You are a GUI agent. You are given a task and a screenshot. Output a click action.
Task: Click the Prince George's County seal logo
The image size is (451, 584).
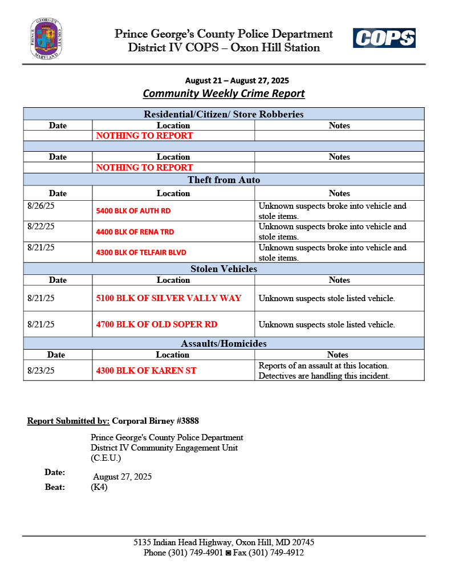click(46, 39)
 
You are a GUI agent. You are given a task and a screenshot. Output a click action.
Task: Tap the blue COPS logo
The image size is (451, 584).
click(384, 38)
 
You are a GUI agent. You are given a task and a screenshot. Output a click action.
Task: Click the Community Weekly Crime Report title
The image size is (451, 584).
click(224, 94)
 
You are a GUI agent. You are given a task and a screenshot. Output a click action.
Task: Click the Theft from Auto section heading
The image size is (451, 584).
click(224, 180)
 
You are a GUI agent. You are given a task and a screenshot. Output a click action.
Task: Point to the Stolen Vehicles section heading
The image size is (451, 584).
click(224, 269)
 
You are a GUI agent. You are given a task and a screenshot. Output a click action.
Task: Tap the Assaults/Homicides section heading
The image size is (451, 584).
click(224, 343)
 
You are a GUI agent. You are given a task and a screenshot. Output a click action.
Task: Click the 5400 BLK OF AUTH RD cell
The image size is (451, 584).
click(133, 211)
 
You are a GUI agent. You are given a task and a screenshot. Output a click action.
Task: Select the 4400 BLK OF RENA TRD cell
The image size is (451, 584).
click(135, 232)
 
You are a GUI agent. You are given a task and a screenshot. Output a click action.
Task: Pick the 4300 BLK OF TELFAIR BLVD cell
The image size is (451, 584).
click(141, 253)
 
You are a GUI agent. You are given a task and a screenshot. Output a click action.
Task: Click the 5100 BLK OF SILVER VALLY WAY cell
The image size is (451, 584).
click(169, 298)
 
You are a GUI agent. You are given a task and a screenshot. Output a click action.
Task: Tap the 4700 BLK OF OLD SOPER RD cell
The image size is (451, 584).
click(157, 325)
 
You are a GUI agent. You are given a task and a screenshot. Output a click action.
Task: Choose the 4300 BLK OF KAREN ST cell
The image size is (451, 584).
click(146, 371)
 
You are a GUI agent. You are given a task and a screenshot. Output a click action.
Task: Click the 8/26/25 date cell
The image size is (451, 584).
click(41, 206)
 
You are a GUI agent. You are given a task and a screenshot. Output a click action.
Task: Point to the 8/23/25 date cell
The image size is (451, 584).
click(41, 371)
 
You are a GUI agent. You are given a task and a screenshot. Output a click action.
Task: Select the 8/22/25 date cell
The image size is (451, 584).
click(41, 226)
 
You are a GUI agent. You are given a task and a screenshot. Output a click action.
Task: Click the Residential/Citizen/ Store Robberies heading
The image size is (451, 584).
click(224, 114)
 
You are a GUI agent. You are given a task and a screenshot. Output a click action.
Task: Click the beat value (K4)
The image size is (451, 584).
click(99, 488)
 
